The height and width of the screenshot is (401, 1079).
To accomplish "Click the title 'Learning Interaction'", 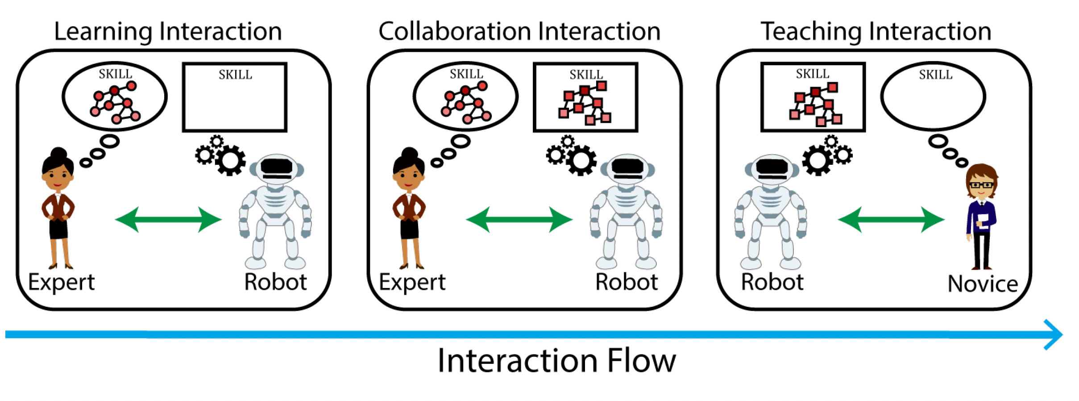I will [x=168, y=31].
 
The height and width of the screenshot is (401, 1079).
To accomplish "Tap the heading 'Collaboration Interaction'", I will [x=519, y=31].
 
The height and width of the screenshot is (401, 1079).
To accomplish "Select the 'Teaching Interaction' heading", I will [x=876, y=31].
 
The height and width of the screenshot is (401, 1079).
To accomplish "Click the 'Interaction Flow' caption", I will [x=556, y=361].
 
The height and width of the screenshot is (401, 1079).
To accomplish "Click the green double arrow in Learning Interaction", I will [x=168, y=219].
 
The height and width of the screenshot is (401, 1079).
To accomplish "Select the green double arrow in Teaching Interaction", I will [x=891, y=219].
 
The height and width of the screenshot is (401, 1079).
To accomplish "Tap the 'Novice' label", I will [x=983, y=284].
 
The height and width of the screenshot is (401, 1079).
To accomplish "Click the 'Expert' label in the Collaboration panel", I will [x=412, y=282].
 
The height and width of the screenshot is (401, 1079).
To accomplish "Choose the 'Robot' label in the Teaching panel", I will [x=772, y=282].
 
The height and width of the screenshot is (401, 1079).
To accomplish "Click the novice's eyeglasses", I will [x=981, y=185].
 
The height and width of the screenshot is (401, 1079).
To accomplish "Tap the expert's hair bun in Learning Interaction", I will [x=58, y=153].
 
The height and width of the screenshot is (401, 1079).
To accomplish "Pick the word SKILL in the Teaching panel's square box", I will [x=812, y=74].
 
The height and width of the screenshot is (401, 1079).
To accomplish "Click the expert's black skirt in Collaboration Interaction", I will [x=409, y=229].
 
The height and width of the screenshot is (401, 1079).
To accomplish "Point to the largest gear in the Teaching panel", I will [x=818, y=161].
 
